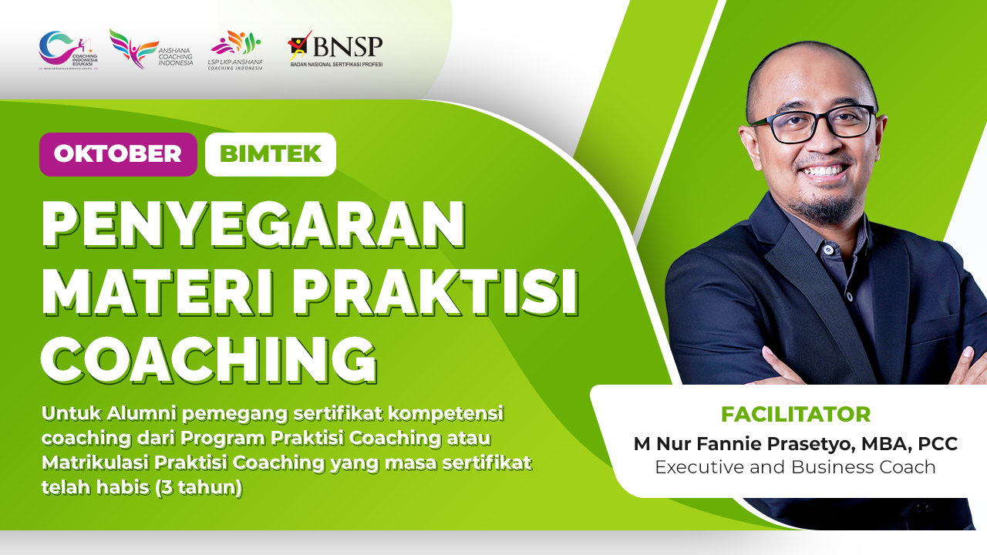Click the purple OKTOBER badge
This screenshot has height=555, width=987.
click(118, 154)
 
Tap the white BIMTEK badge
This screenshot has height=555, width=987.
click(271, 154)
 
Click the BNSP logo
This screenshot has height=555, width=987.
click(335, 51)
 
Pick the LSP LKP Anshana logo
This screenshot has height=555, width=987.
click(235, 51)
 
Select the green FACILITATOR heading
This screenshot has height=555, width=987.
click(795, 415)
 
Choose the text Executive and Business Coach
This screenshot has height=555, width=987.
click(795, 467)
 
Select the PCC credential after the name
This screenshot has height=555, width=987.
click(938, 444)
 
